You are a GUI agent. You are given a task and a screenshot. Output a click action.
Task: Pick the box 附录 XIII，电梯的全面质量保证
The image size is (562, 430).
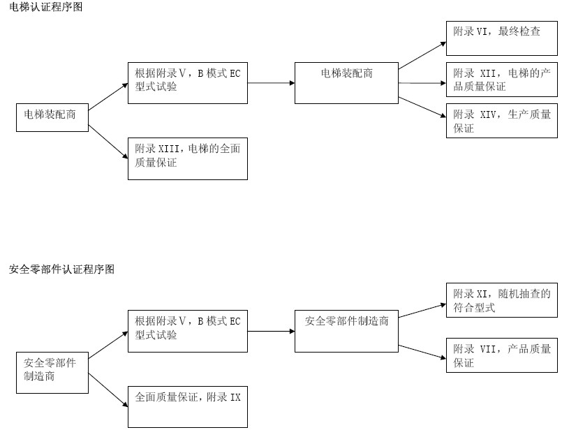click(187, 158)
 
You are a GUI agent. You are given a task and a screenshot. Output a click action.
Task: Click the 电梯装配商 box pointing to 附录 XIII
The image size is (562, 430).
click(52, 117)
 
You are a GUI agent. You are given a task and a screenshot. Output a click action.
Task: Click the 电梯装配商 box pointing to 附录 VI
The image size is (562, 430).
click(346, 82)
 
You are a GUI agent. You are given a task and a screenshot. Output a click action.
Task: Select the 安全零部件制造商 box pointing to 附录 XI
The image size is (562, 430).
click(346, 330)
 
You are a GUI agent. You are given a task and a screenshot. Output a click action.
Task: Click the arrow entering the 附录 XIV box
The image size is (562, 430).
click(422, 108)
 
